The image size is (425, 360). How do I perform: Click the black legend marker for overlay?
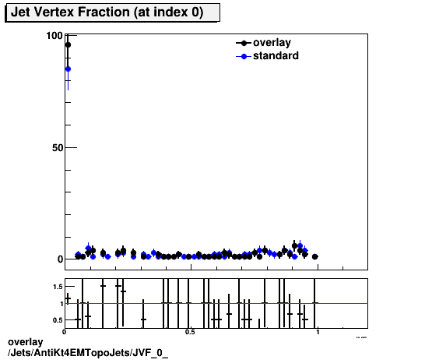[x=244, y=44]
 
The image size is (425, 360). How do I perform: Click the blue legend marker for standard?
[x=244, y=56]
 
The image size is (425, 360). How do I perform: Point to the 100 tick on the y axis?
[x=54, y=36]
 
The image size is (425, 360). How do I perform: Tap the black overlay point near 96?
[x=68, y=45]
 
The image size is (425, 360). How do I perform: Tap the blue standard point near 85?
[x=68, y=69]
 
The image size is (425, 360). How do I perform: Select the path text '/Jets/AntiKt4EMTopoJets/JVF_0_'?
[x=87, y=352]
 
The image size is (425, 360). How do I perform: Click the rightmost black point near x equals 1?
[x=314, y=256]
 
